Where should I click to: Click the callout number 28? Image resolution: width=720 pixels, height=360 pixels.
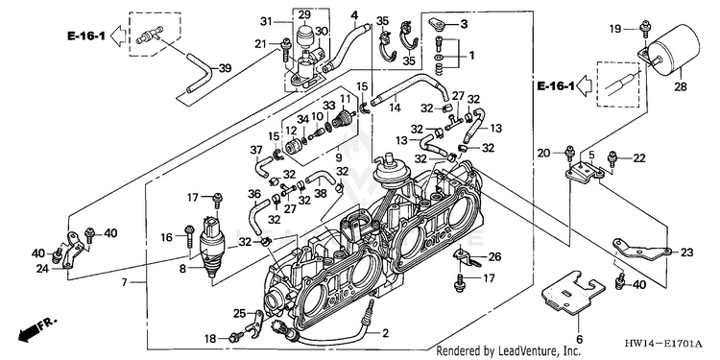coord(681,86)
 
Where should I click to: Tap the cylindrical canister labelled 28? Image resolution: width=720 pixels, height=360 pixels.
coord(673,49)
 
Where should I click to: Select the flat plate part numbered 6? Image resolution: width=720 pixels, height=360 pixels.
coord(571,295)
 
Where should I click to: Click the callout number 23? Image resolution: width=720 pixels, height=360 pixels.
coord(687,252)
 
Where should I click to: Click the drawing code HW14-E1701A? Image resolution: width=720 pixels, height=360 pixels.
coord(663,344)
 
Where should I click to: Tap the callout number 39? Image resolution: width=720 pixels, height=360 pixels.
coord(225,68)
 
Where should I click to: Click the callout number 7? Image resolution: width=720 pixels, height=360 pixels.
coord(124,282)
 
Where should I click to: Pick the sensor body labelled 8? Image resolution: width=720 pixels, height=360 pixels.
coord(212,245)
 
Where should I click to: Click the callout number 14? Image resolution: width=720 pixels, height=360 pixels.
coord(395,108)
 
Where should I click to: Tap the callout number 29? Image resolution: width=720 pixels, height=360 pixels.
coord(304,15)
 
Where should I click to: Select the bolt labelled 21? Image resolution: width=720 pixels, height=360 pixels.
coord(286,50)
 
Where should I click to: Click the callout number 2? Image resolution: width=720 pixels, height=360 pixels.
coord(386,332)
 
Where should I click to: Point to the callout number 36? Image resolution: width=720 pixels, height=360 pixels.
coord(254,195)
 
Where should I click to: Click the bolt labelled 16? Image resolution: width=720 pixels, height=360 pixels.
coord(189,236)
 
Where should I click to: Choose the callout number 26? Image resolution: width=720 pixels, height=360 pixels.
coord(495,256)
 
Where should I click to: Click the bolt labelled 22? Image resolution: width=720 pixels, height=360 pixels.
coord(612,159)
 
